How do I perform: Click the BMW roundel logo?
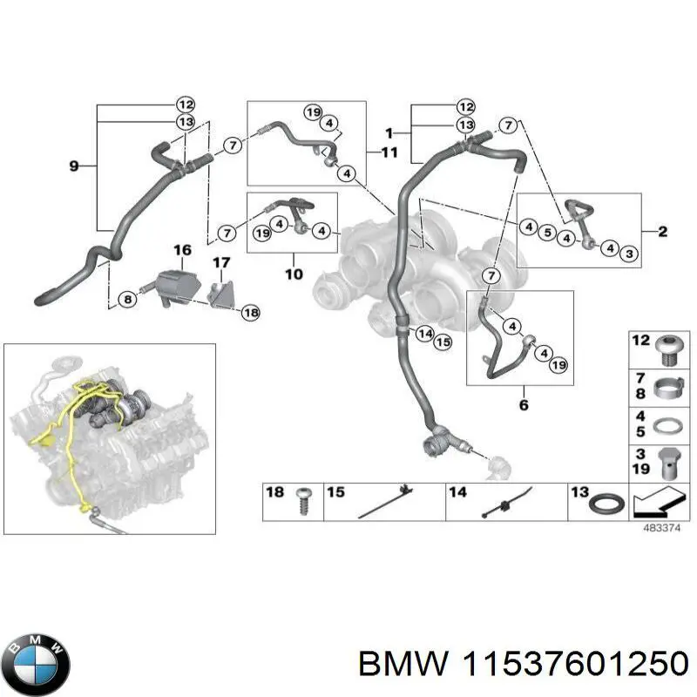click(36, 661)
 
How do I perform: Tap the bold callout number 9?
click(73, 165)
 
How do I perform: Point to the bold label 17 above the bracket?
click(221, 261)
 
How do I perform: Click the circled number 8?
click(128, 299)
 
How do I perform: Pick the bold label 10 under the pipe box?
click(293, 275)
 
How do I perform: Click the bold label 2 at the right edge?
click(662, 231)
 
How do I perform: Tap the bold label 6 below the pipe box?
click(523, 405)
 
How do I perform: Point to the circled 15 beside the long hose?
click(443, 342)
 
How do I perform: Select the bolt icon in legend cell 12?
click(667, 348)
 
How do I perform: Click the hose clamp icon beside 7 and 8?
click(667, 386)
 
